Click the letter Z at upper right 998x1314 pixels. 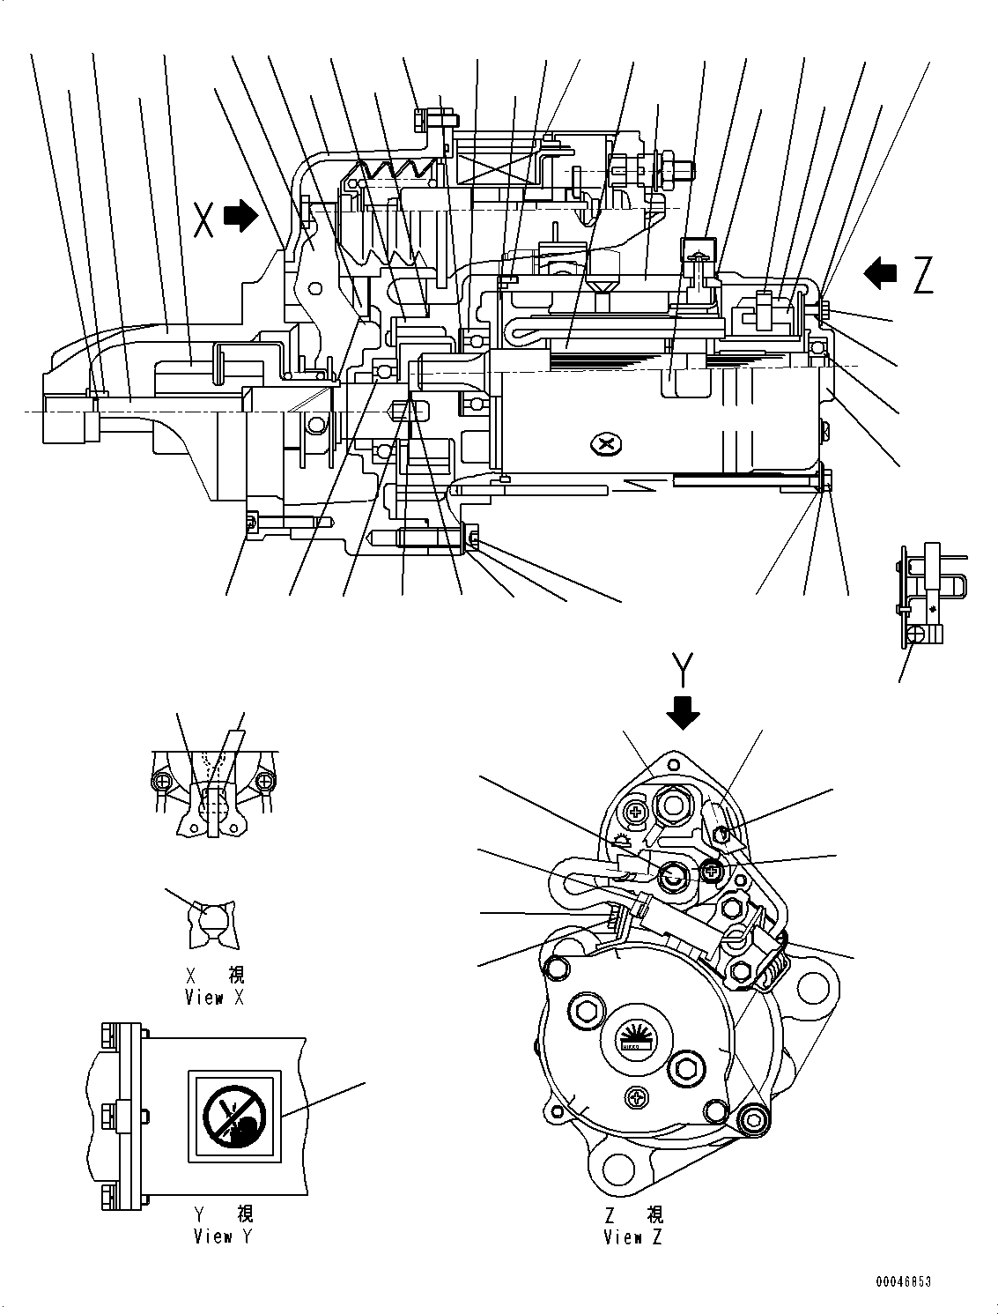[922, 275]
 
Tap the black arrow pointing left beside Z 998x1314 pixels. [882, 273]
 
